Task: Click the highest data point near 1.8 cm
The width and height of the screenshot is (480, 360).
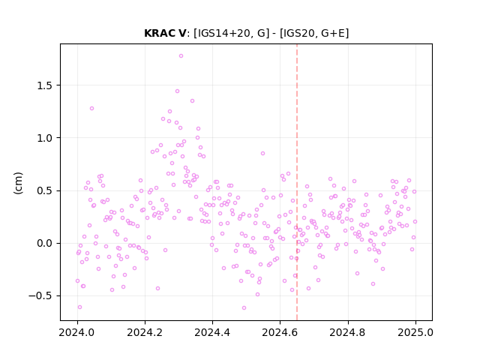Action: click(x=181, y=56)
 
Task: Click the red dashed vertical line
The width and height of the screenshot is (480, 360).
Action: click(x=297, y=182)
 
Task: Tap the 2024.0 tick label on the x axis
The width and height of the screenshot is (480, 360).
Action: click(x=77, y=332)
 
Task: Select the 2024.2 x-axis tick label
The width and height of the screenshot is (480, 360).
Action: click(x=145, y=332)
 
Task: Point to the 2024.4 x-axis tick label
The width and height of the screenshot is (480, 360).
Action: click(x=212, y=332)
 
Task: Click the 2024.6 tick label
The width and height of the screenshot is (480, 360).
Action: click(x=280, y=332)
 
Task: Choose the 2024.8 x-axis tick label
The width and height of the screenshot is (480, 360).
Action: click(x=348, y=332)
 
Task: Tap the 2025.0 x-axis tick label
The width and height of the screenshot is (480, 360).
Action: click(x=415, y=332)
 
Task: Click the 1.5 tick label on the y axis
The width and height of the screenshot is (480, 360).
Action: click(x=44, y=85)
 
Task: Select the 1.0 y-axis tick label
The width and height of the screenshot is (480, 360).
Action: click(x=44, y=138)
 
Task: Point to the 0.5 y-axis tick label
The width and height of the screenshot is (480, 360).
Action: click(x=44, y=190)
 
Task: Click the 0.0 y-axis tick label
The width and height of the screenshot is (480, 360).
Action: click(x=44, y=243)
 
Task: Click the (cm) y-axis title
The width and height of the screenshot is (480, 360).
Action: click(x=18, y=183)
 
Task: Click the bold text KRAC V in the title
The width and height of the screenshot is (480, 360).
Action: click(x=165, y=33)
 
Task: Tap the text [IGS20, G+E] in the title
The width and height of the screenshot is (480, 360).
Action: click(x=314, y=33)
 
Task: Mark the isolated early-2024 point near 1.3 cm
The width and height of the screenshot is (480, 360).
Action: click(x=91, y=108)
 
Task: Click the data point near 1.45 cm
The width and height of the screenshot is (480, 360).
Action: click(x=177, y=91)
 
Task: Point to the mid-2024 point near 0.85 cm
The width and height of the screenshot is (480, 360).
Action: click(x=262, y=153)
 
